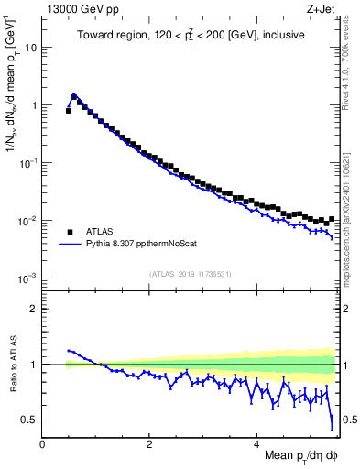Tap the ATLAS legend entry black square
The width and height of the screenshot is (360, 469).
(x=70, y=231)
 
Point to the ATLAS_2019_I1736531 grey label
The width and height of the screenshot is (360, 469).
(x=190, y=274)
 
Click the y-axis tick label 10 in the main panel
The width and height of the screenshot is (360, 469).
(x=31, y=48)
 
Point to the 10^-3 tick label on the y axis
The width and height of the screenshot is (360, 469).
(x=28, y=278)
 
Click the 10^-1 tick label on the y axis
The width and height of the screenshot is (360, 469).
(x=28, y=163)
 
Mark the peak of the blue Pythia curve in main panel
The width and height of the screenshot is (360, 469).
(x=74, y=93)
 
